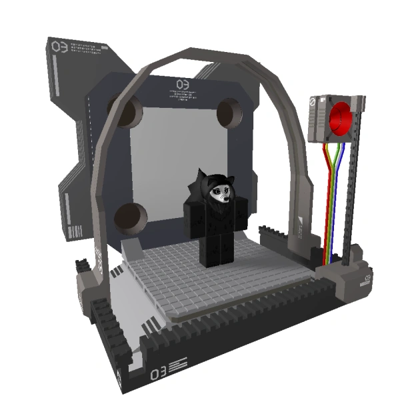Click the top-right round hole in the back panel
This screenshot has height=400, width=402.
tap(229, 111)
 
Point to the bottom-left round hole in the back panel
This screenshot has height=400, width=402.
tap(131, 217)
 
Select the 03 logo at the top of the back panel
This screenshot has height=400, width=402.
tap(182, 84)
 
